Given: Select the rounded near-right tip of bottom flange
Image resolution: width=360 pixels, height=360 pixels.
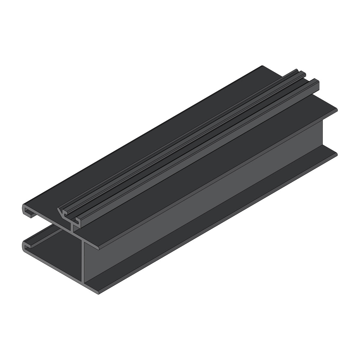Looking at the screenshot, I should [99, 292].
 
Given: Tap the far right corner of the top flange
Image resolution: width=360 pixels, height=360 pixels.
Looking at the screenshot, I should [337, 110].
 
